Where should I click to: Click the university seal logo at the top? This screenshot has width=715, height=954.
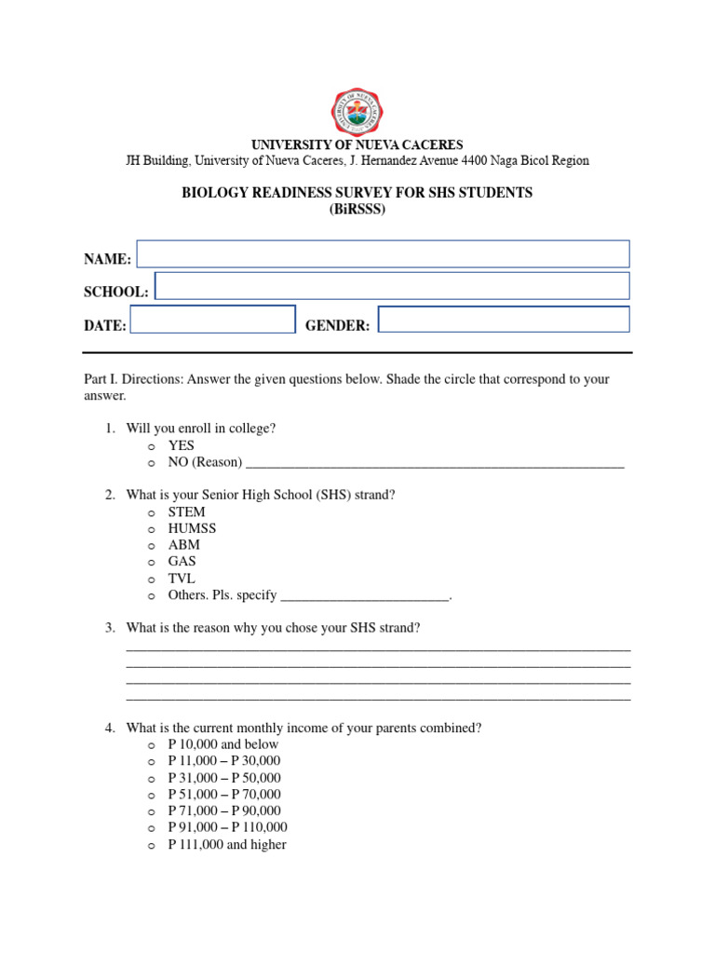tap(357, 109)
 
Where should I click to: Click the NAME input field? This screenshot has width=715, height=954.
tap(383, 254)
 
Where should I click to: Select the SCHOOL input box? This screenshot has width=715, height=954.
tap(392, 286)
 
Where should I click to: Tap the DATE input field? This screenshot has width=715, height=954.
tap(212, 320)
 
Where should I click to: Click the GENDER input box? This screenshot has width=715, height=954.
tap(504, 320)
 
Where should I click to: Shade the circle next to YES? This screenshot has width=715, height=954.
tap(150, 446)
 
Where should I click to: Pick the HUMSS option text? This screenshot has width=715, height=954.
tap(192, 528)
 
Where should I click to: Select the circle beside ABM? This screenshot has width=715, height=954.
tap(150, 546)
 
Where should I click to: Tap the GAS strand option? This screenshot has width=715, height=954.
tap(182, 562)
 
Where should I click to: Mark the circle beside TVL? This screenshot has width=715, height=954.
tap(150, 579)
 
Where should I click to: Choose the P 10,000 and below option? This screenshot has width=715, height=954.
tap(223, 744)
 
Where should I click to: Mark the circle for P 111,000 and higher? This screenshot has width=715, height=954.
tap(150, 846)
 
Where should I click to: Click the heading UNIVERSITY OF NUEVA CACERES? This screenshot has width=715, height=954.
tap(357, 145)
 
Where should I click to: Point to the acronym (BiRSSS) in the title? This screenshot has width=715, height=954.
tap(357, 210)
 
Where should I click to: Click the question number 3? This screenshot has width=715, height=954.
tap(109, 628)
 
